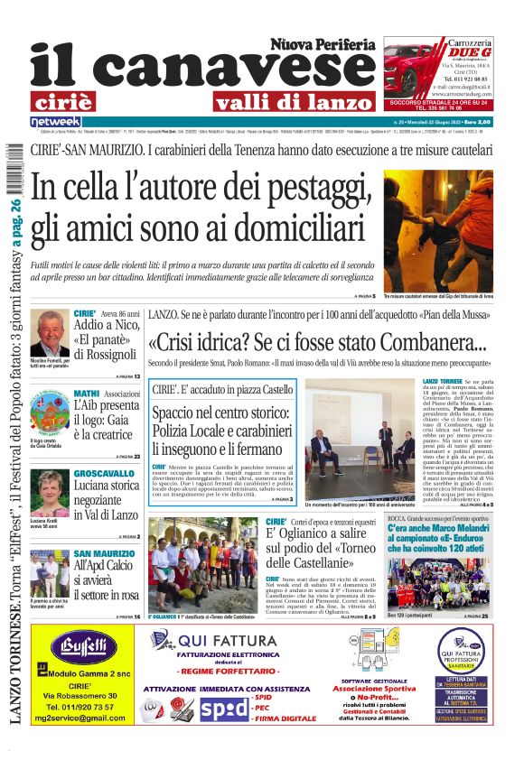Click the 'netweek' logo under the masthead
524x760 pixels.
[55, 122]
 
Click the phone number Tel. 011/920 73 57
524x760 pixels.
[83, 706]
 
